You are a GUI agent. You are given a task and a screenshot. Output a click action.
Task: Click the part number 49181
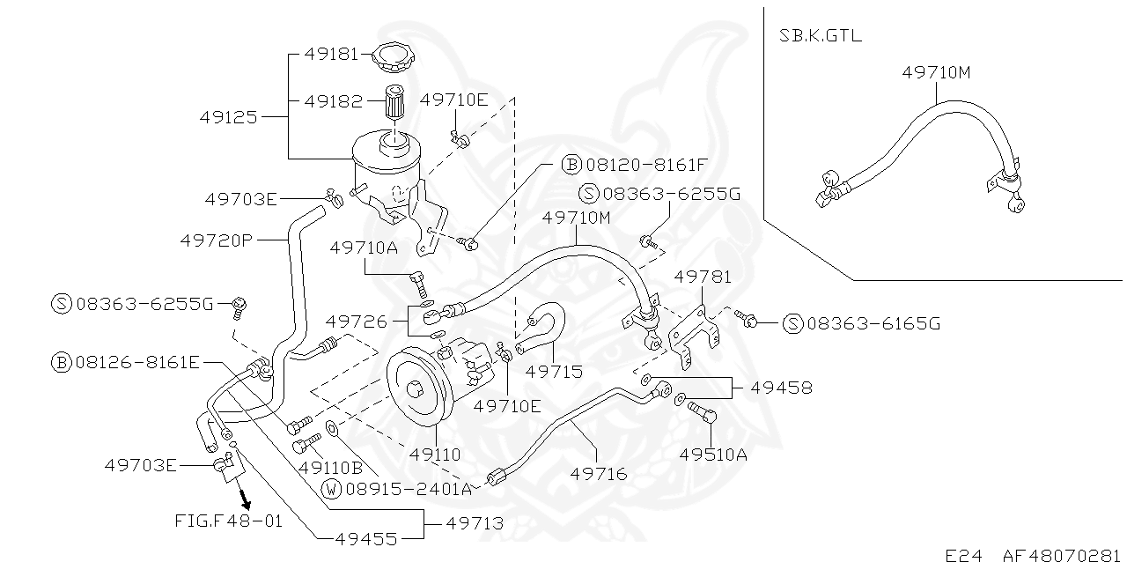(331, 54)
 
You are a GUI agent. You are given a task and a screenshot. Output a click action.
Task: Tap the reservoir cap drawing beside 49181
(394, 58)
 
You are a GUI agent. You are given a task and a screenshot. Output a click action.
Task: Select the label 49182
(331, 101)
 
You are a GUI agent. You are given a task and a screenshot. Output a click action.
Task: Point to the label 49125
(228, 116)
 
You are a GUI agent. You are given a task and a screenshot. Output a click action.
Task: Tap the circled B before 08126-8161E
(61, 361)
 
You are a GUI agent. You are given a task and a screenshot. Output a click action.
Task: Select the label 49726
(356, 322)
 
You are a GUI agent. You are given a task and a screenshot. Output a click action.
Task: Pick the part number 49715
(554, 372)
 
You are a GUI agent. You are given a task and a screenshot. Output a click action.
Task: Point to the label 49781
(702, 277)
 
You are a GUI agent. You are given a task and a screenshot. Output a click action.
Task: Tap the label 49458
(780, 387)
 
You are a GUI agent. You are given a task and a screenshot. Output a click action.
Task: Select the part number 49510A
(712, 455)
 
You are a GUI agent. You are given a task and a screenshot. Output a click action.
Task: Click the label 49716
(599, 474)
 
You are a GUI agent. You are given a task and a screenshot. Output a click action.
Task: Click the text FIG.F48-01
(229, 521)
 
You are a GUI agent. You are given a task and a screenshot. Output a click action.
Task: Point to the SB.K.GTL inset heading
(821, 36)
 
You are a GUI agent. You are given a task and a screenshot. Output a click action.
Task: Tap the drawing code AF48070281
(1063, 555)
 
